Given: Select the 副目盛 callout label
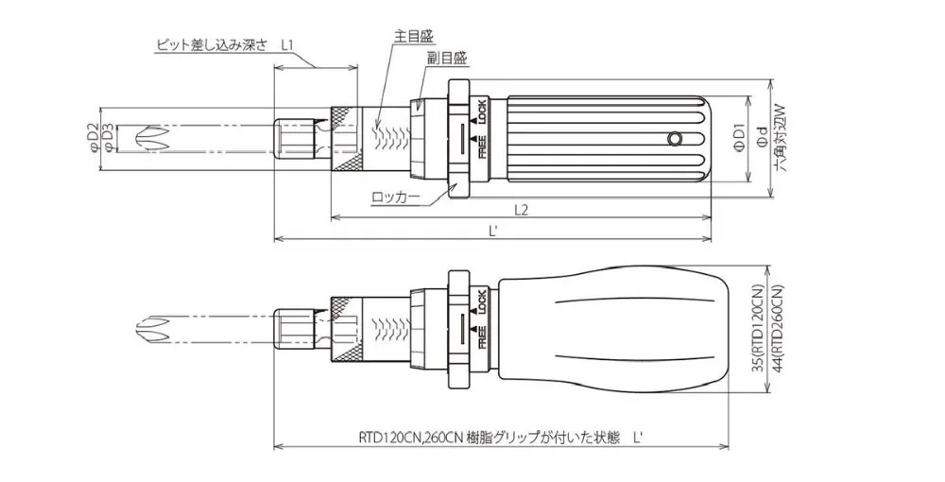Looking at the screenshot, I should point(446,58).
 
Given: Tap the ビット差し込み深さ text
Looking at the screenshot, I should point(214,44).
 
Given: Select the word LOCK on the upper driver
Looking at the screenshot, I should point(481,112).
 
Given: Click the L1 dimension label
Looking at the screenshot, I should point(289,44).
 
